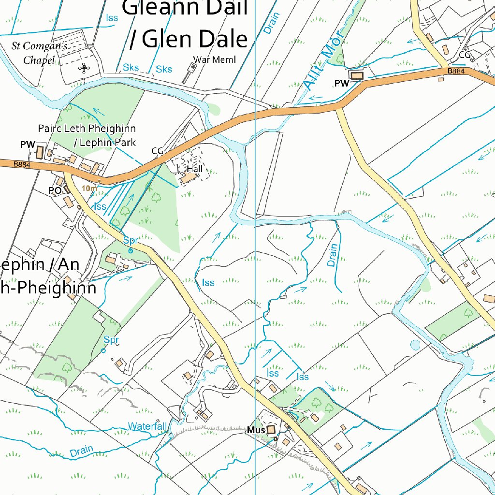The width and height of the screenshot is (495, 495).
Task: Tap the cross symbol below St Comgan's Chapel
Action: coord(84,68)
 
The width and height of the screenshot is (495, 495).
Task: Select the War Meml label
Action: coord(214,59)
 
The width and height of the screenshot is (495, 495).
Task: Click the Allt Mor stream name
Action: coord(323,60)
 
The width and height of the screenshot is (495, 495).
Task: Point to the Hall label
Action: coord(195,169)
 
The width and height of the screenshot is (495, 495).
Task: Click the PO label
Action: coord(55,190)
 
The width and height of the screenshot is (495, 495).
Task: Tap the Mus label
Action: coord(256,430)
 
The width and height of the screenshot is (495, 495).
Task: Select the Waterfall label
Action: coord(147,426)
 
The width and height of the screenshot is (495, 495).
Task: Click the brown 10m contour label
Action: coord(89,188)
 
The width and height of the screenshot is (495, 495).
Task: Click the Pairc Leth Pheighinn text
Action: coord(87,129)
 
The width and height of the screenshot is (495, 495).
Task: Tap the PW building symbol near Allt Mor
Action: coord(357,76)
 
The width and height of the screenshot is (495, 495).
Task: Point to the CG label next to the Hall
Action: coord(158,151)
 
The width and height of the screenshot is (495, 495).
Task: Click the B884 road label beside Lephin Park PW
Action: coord(22,164)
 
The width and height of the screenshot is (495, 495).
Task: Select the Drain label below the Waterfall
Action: coord(81,451)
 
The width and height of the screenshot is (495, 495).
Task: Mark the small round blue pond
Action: coord(415,345)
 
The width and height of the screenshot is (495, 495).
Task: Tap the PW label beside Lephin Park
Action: coord(28,145)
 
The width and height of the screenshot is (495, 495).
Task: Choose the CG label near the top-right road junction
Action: coord(465,55)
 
